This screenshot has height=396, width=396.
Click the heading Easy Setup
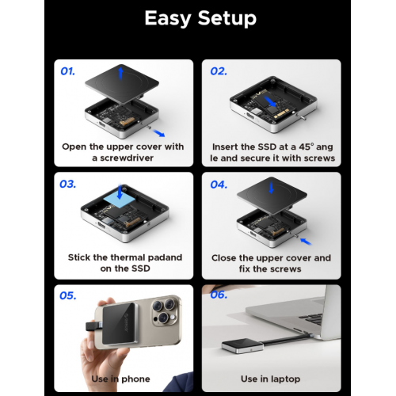[x=198, y=18]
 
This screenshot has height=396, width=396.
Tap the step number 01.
[x=68, y=71]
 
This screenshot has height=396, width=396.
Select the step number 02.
[x=219, y=71]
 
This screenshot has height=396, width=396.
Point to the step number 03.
[x=68, y=184]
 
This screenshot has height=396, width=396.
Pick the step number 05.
[x=69, y=295]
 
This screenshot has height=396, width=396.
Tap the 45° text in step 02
[x=304, y=147]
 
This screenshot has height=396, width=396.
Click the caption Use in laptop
[x=272, y=379]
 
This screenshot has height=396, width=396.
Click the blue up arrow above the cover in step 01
[x=119, y=73]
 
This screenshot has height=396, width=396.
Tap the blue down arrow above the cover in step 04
[x=269, y=187]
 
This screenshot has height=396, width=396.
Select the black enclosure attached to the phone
[x=114, y=333]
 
